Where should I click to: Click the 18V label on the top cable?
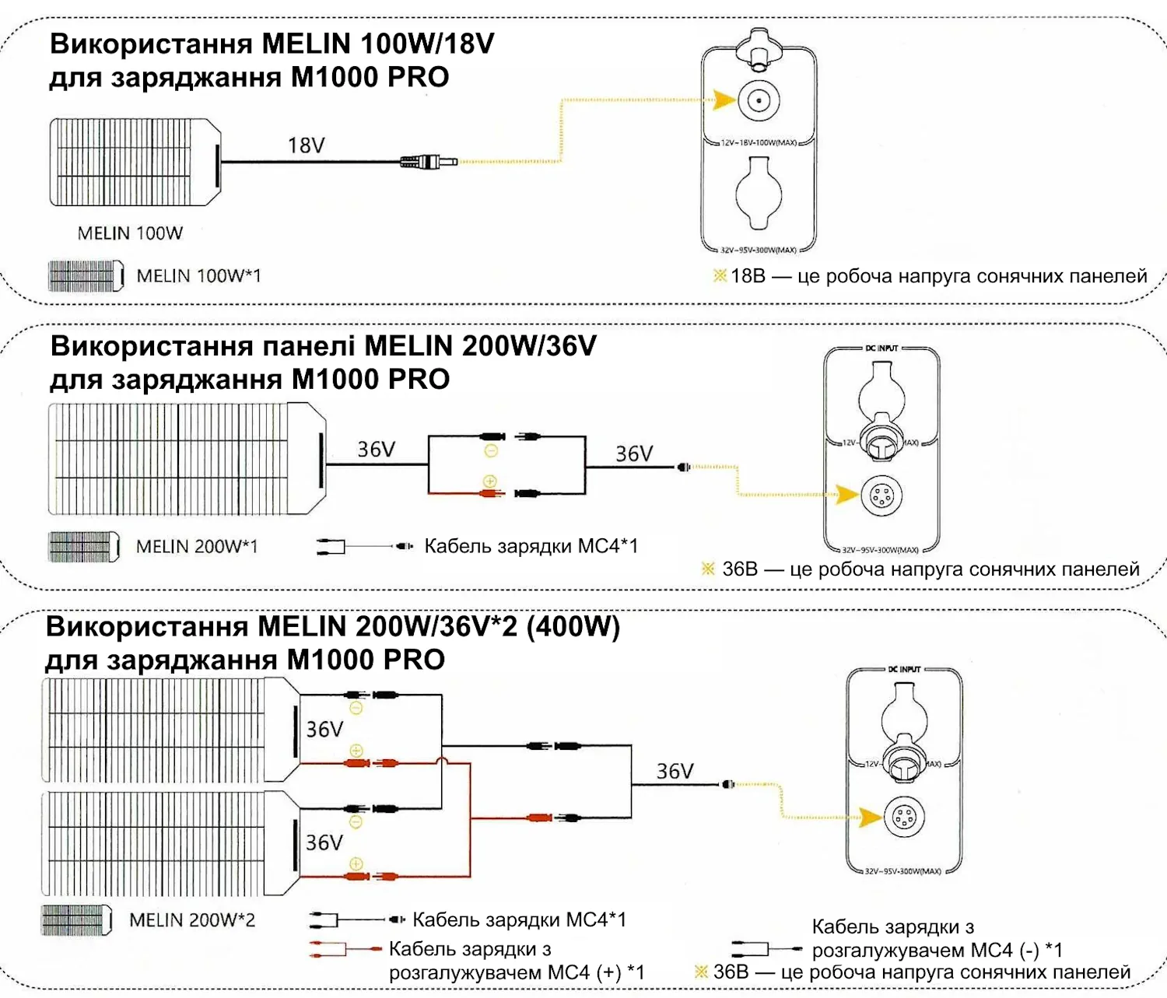(307, 145)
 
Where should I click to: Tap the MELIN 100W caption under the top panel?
(130, 233)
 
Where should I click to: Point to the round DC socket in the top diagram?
(759, 100)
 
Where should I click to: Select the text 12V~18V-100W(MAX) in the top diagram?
(759, 143)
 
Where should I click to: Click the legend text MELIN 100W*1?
(199, 276)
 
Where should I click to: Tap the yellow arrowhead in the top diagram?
(724, 100)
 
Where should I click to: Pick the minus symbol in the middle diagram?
(491, 451)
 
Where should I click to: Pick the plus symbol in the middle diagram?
(490, 481)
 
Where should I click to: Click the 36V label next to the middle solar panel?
(376, 450)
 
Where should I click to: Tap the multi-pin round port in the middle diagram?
(881, 495)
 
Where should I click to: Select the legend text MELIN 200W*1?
(197, 547)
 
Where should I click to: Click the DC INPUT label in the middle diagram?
(881, 348)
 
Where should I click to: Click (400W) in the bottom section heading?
(573, 626)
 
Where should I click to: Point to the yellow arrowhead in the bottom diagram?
(871, 817)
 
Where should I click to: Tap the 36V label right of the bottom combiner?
(675, 772)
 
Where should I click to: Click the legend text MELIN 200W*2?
(192, 920)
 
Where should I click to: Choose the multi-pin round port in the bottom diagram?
(903, 817)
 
